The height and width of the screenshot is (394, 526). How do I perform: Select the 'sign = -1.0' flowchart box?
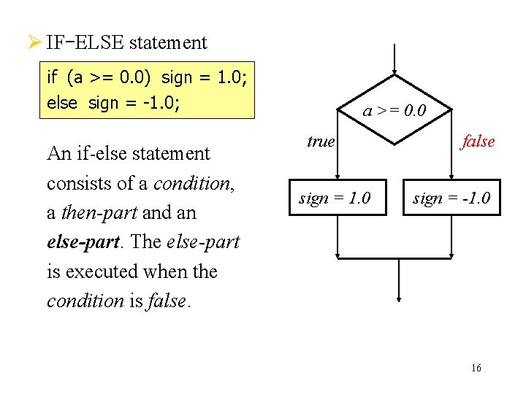click(451, 198)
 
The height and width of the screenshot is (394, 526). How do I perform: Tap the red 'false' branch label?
click(477, 142)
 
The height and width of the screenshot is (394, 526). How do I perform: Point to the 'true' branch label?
click(320, 142)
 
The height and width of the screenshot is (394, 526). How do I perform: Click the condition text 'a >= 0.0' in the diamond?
click(394, 111)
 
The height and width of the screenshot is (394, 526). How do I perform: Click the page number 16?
click(476, 368)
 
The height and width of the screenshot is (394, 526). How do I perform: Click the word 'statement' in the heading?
click(168, 42)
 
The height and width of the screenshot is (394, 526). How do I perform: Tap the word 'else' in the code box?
click(61, 103)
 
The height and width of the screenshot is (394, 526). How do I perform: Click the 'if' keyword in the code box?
click(52, 77)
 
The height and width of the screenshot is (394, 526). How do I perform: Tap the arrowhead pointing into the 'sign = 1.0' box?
click(337, 175)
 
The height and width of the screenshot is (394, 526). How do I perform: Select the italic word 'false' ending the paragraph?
click(169, 301)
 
